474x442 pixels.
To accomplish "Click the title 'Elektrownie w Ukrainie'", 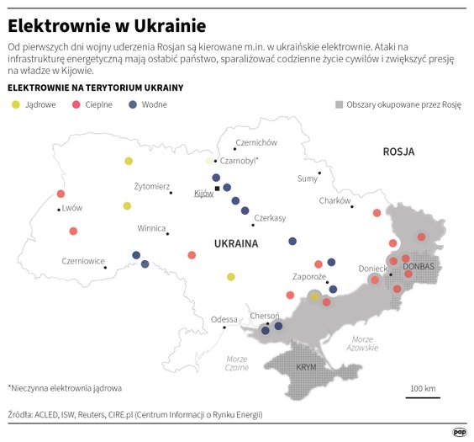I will click(107, 26).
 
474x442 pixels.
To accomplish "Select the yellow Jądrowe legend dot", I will click(14, 104).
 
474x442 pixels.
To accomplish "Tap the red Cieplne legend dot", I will click(76, 104).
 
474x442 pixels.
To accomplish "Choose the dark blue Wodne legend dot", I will click(133, 104).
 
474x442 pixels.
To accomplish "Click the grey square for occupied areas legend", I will click(339, 105).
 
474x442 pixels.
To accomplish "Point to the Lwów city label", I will click(73, 207).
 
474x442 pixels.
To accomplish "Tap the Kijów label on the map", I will click(203, 194).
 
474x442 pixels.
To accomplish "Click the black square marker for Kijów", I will click(218, 189).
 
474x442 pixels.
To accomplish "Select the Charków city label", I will click(334, 200).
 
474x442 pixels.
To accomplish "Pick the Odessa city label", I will click(224, 319).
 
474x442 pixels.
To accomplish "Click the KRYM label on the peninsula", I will click(306, 367).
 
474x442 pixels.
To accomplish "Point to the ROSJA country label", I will click(398, 152).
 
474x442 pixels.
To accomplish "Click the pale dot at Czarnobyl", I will click(209, 160).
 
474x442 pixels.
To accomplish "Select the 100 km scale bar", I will click(423, 397).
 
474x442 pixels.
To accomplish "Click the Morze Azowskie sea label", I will click(361, 343).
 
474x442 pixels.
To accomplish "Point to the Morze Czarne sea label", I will click(237, 363).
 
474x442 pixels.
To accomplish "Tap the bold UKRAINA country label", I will click(235, 243).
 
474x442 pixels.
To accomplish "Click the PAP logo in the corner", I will click(460, 432).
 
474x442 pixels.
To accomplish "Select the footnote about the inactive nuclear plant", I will click(65, 388).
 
